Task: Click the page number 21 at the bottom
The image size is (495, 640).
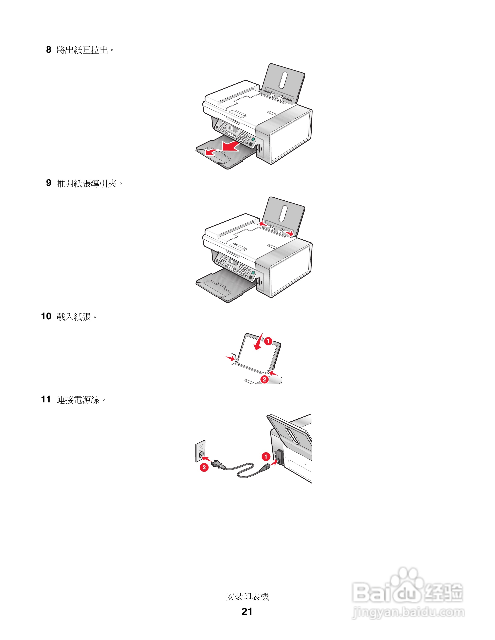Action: point(247,611)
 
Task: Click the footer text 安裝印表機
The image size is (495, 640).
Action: point(247,597)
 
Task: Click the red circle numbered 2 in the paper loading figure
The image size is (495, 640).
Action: point(264,379)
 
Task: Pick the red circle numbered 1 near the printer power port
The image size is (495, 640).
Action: point(266,457)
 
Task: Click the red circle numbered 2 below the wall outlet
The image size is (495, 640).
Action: point(204,467)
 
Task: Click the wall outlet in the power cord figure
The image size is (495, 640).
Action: point(201,452)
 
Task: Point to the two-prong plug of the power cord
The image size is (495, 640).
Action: point(217,464)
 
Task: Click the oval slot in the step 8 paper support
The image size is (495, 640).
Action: point(283,80)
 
